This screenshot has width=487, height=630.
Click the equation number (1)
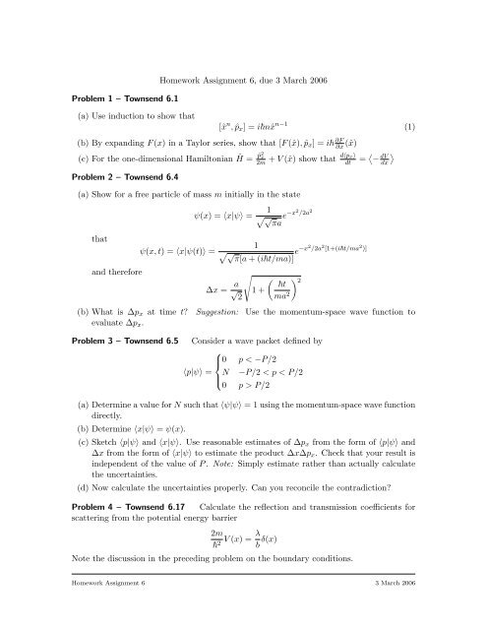coord(436,128)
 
